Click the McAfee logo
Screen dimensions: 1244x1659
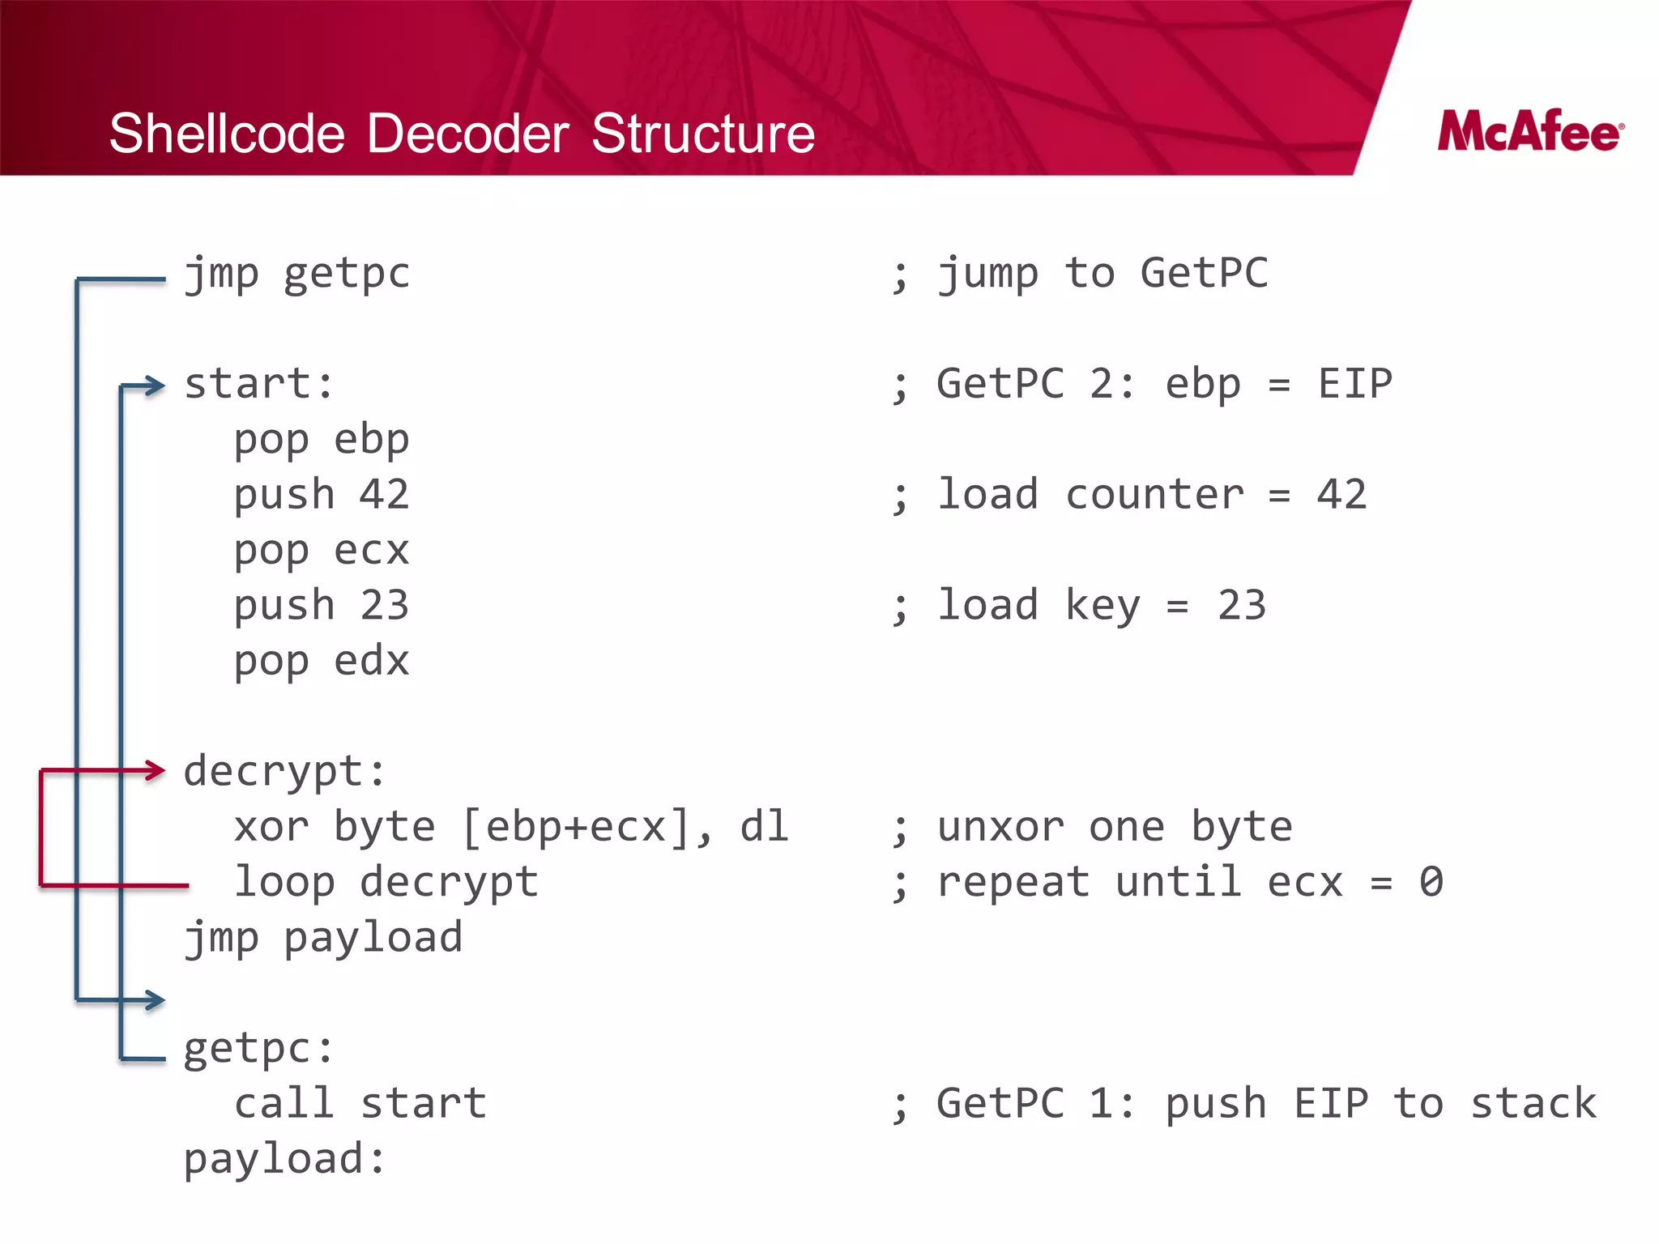coord(1530,131)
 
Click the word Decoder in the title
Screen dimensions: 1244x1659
coord(467,134)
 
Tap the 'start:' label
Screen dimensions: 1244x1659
coord(258,384)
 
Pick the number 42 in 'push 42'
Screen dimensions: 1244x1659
coord(384,494)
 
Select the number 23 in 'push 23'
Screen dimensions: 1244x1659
coord(384,606)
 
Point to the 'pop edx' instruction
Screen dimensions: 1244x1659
coord(322,662)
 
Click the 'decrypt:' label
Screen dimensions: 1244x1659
coord(284,772)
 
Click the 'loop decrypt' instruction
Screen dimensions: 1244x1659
coord(386,882)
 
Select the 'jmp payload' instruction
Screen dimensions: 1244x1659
coord(323,939)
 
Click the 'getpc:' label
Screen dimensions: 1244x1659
coord(258,1050)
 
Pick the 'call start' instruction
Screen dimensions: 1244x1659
coord(360,1104)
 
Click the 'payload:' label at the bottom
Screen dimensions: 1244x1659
coord(284,1159)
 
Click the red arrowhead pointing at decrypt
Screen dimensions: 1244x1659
coord(155,769)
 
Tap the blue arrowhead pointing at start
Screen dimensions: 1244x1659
coord(155,386)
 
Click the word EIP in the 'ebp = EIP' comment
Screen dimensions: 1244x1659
coord(1354,384)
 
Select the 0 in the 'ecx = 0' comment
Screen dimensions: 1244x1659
coord(1431,882)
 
